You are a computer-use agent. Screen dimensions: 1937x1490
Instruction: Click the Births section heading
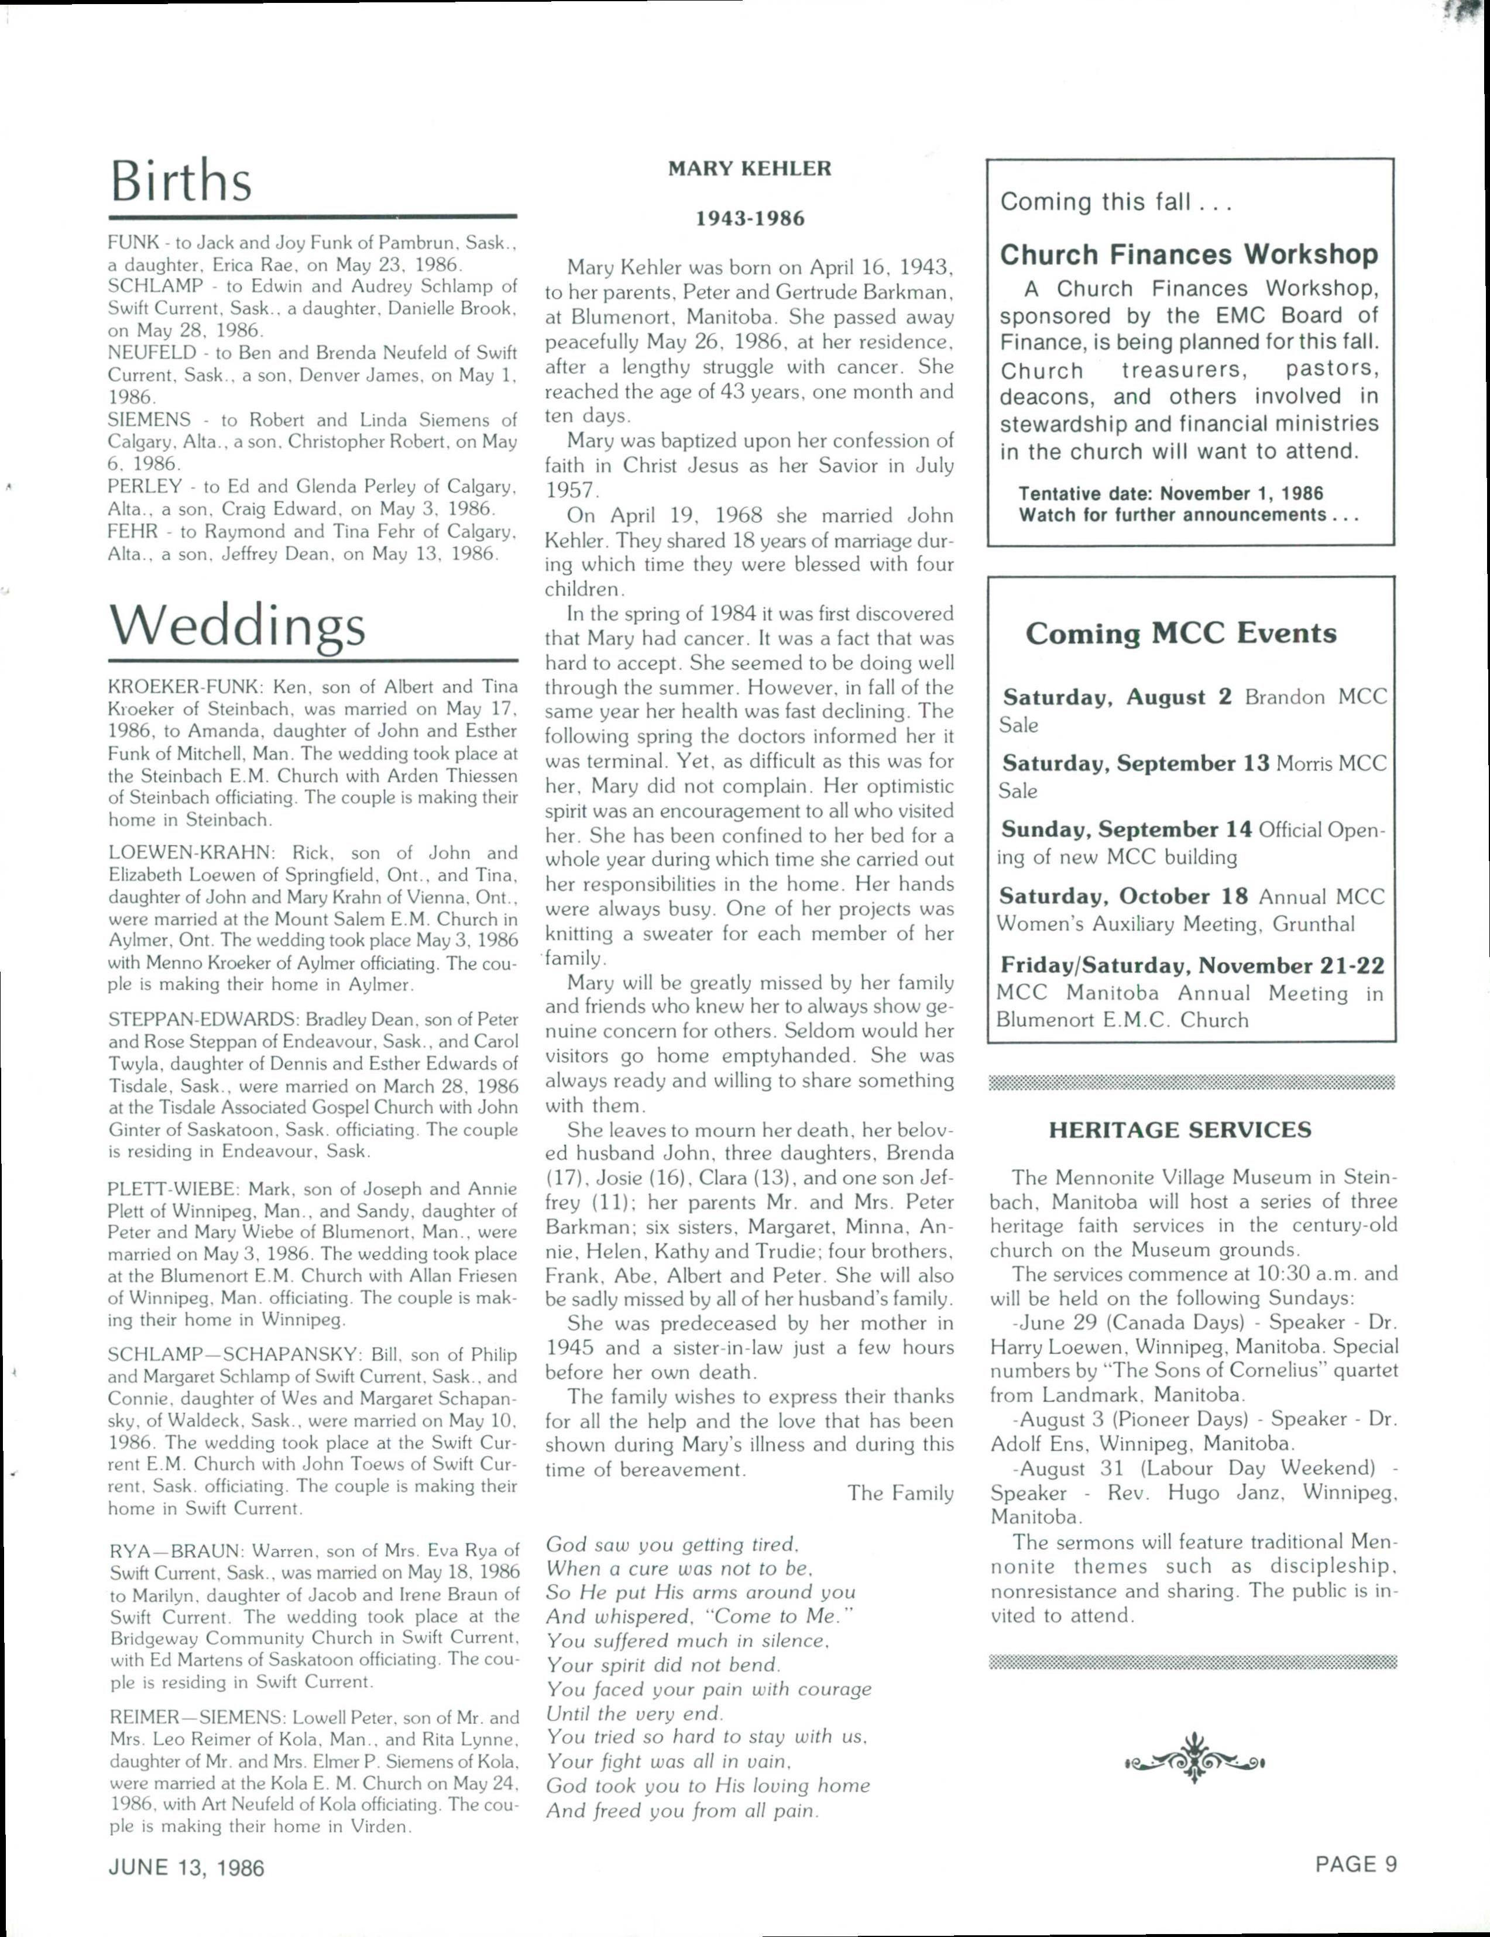(181, 182)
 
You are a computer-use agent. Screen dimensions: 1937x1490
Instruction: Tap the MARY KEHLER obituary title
(750, 168)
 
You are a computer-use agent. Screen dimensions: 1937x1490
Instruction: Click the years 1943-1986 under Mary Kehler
(750, 218)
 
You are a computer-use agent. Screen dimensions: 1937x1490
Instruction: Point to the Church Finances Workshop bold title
(1189, 254)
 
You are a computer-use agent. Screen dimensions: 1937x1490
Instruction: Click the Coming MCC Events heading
(1180, 633)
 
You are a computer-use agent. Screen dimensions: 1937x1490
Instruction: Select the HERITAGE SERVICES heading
(1180, 1130)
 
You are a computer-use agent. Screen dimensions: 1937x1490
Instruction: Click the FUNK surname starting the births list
(133, 242)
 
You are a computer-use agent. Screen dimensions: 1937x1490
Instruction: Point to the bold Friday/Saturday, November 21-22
(1192, 965)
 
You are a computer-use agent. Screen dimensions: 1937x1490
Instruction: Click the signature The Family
(900, 1493)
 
